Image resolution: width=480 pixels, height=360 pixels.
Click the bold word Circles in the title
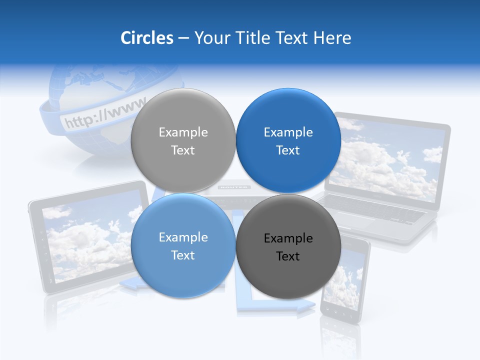tap(147, 38)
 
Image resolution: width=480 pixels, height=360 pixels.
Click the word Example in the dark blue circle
tap(288, 132)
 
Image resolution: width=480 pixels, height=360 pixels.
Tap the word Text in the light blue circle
tap(183, 255)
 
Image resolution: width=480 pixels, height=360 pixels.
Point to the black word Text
tap(288, 256)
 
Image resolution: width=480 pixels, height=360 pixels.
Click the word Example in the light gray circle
tap(183, 132)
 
